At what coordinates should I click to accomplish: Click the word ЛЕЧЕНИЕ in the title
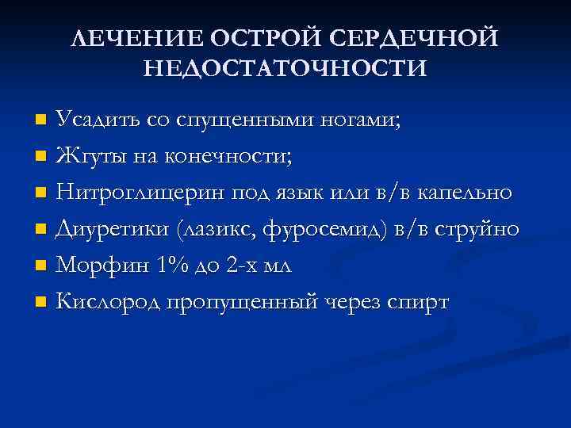[126, 39]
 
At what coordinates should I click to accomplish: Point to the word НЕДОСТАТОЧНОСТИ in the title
[285, 68]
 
